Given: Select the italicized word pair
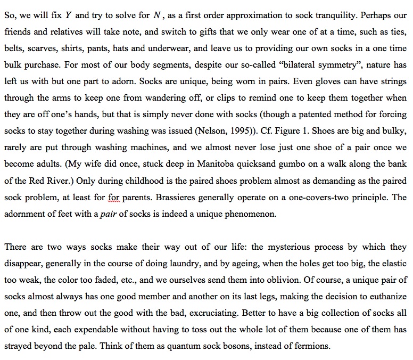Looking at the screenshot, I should (x=110, y=214).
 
